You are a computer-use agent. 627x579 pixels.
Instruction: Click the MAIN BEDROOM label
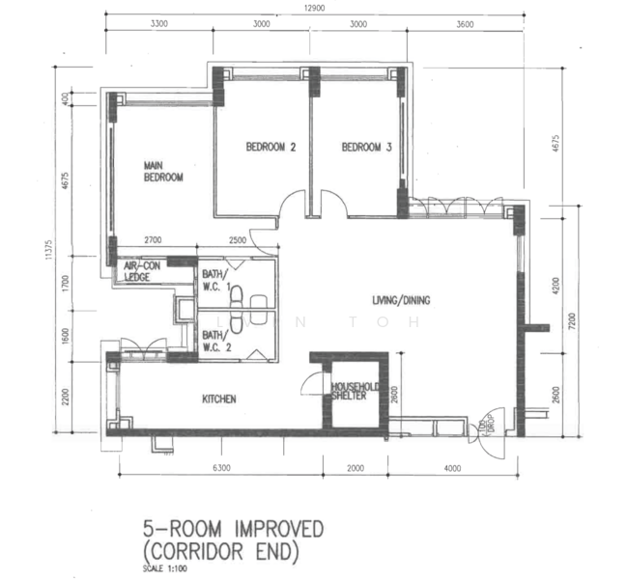pyautogui.click(x=162, y=172)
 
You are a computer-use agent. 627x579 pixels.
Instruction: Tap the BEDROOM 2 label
pyautogui.click(x=270, y=148)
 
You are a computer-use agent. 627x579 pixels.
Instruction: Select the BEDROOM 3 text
pyautogui.click(x=366, y=148)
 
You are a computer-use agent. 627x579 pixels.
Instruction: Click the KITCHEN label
pyautogui.click(x=218, y=400)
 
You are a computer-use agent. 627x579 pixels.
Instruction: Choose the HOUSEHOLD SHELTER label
pyautogui.click(x=354, y=390)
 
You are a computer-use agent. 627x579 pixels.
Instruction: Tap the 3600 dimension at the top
pyautogui.click(x=465, y=26)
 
